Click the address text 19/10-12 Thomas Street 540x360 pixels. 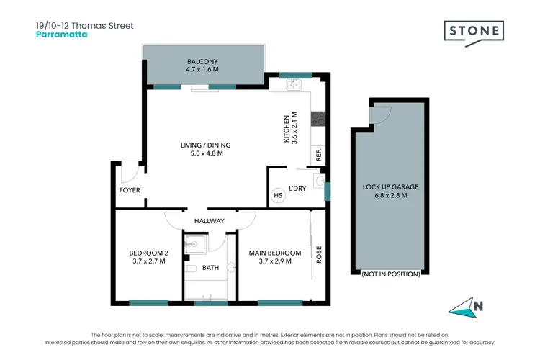click(84, 24)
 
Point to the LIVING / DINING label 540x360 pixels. click(206, 145)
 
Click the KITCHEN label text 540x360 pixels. click(287, 129)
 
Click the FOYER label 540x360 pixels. click(130, 190)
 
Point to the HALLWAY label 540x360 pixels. click(210, 221)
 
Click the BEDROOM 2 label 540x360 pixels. click(148, 253)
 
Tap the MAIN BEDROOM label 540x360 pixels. click(274, 253)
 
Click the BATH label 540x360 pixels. click(210, 268)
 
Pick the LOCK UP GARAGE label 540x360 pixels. click(390, 186)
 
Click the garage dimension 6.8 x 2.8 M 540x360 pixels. click(390, 195)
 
